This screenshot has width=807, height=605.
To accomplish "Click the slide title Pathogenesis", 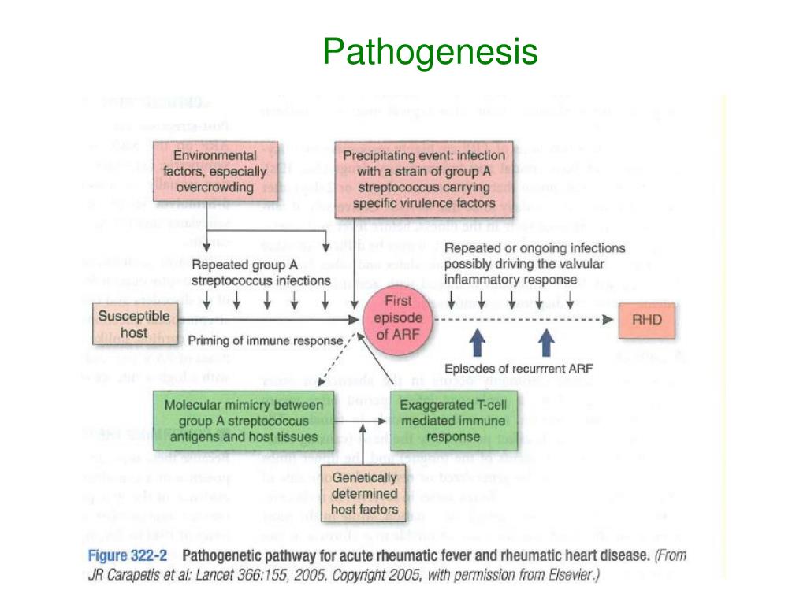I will (x=430, y=53).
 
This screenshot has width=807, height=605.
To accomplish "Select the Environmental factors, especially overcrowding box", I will (x=204, y=171).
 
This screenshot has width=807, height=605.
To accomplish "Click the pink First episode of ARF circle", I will (x=398, y=318).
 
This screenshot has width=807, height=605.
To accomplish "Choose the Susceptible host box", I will (x=122, y=324).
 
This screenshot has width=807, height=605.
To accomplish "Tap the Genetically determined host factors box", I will (x=364, y=494).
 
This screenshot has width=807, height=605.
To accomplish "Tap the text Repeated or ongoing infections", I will (x=534, y=248).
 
